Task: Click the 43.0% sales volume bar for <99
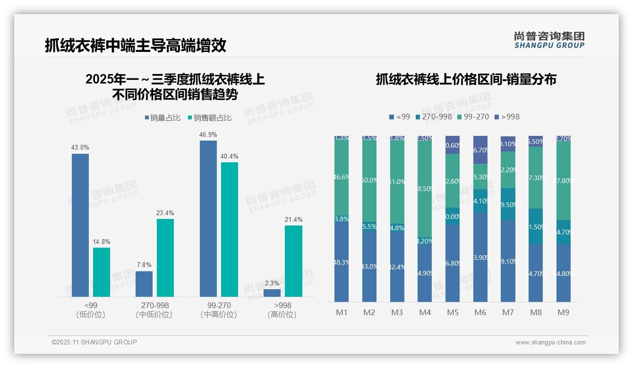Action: tap(80, 225)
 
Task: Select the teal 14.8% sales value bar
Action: tap(102, 272)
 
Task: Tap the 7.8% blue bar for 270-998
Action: tap(144, 284)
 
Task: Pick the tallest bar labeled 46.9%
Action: tap(208, 218)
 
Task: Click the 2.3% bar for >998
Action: tap(272, 293)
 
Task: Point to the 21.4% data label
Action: tap(294, 219)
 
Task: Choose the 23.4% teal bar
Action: tap(165, 258)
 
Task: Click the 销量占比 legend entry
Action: tap(162, 118)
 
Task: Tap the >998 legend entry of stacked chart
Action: tap(506, 117)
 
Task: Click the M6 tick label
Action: tap(480, 312)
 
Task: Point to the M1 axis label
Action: tap(342, 312)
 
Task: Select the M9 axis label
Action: tap(564, 312)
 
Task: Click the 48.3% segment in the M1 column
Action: tap(342, 262)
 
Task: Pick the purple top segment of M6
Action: tap(480, 150)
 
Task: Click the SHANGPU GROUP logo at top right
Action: tap(549, 40)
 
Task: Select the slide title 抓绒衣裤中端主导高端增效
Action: tap(136, 45)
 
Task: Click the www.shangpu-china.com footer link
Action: tap(550, 343)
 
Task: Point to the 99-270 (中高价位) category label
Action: tap(219, 310)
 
